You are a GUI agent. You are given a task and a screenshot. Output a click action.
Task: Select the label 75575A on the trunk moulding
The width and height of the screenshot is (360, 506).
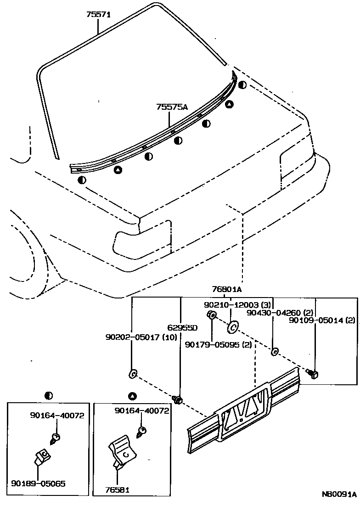172,107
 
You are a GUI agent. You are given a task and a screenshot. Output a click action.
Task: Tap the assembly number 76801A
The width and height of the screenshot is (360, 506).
227,290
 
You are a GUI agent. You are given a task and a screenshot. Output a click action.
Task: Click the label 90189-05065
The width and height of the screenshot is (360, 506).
38,484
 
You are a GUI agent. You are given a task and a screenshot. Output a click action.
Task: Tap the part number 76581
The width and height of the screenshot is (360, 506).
117,490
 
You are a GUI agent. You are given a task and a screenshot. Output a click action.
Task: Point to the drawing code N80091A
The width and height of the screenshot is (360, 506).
339,495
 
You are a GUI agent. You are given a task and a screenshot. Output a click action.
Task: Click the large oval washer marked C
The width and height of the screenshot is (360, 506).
233,327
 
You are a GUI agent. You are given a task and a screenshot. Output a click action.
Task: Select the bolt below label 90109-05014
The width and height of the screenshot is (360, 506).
315,373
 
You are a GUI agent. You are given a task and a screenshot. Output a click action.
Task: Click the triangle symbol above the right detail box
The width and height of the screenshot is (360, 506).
133,395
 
